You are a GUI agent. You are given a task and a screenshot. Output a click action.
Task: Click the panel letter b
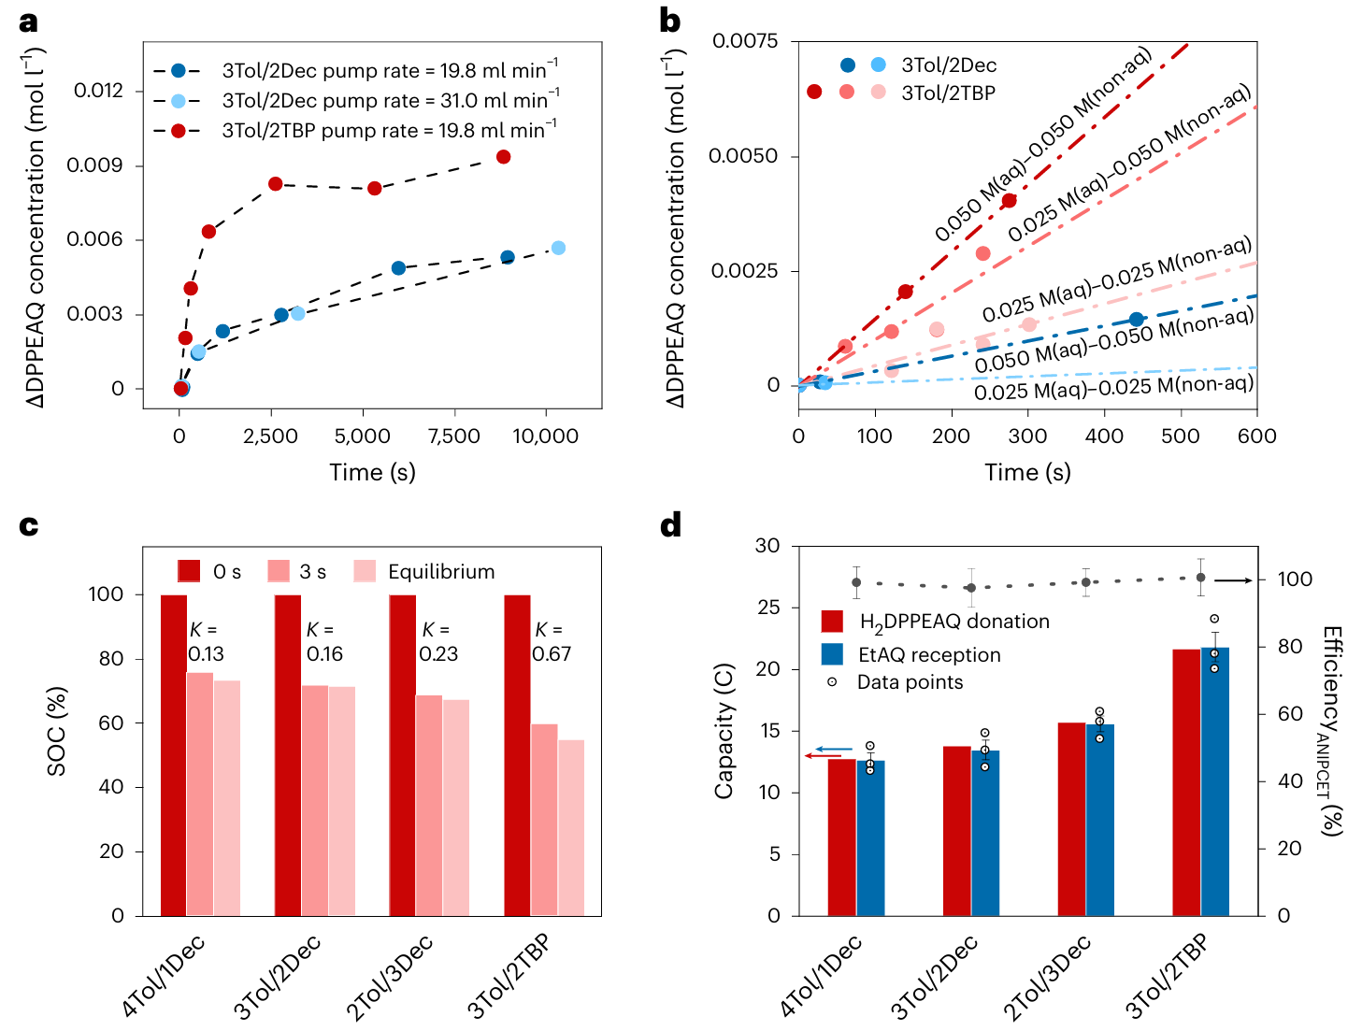pos(669,21)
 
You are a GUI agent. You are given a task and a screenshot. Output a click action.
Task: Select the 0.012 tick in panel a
pos(98,91)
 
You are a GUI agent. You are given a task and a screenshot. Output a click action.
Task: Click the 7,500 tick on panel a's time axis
pos(454,436)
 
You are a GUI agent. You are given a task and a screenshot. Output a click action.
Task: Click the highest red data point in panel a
pos(504,157)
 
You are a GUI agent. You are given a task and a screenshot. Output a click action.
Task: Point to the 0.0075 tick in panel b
pos(744,41)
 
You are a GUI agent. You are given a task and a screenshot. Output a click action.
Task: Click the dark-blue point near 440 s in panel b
pos(1136,320)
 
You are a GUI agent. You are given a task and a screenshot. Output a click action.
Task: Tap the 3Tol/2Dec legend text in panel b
pos(949,65)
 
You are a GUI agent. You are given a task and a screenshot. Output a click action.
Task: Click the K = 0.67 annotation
pos(551,642)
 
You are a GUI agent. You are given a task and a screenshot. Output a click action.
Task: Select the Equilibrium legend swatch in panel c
pos(366,571)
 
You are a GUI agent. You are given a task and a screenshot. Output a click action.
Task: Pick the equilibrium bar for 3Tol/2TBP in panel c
pos(571,827)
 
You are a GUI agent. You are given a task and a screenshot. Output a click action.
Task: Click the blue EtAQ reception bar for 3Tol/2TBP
pos(1214,781)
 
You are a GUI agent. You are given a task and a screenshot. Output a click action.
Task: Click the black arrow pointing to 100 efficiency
pos(1233,580)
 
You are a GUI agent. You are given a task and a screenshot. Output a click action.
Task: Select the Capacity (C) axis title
pos(724,731)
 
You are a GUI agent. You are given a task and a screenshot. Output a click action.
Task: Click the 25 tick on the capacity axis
pos(767,608)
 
